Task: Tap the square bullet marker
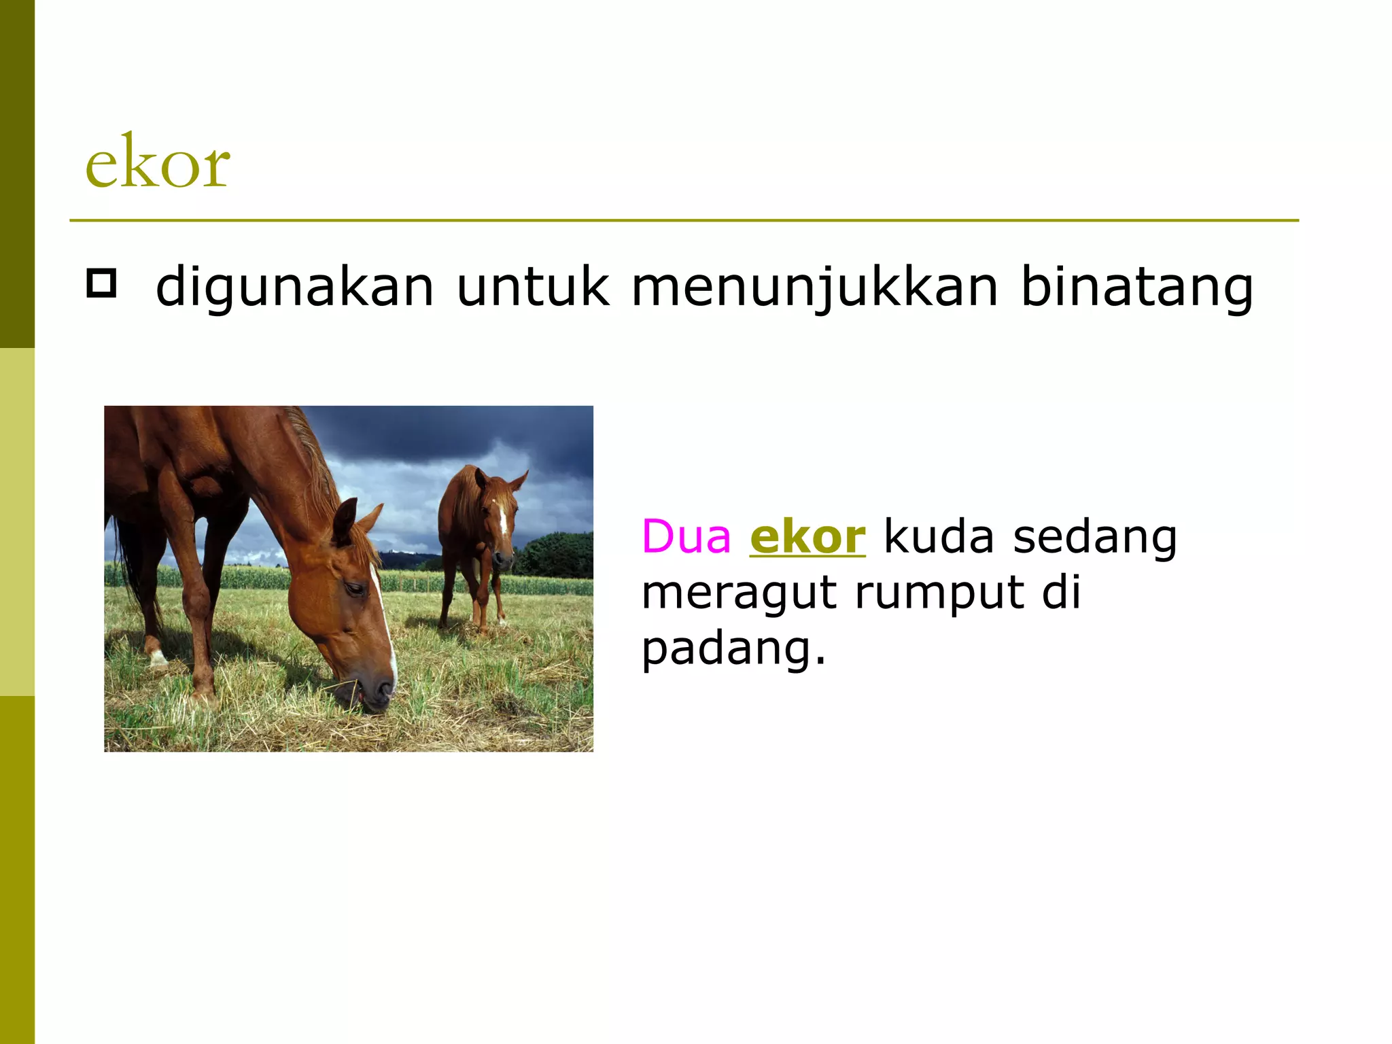pos(101,283)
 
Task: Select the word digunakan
pos(294,287)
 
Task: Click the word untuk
pos(532,287)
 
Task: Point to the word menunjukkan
pos(815,287)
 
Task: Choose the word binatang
pos(1136,287)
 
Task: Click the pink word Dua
pos(686,537)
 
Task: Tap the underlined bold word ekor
pos(807,537)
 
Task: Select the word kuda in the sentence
pos(938,537)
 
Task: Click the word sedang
pos(1094,537)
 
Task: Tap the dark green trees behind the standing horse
pos(557,554)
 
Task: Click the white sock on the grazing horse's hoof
pos(157,657)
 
